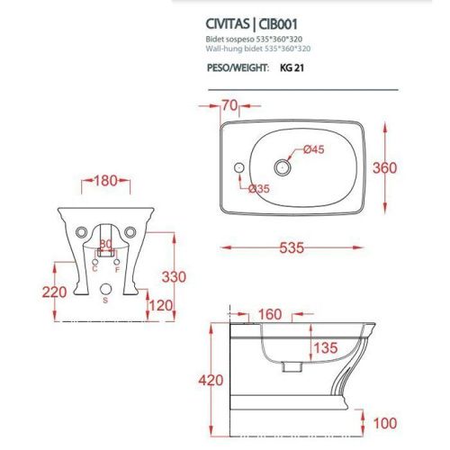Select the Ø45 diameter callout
314,149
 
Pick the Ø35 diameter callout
261,189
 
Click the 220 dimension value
31,291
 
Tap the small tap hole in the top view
238,167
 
